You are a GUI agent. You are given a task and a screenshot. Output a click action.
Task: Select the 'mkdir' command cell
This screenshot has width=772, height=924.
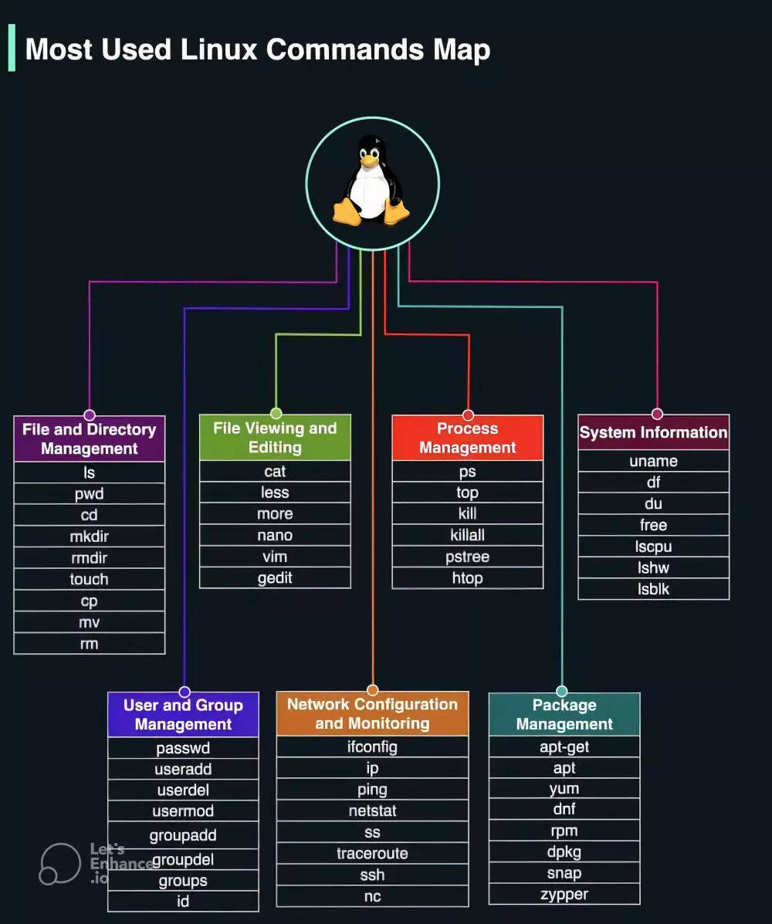click(90, 536)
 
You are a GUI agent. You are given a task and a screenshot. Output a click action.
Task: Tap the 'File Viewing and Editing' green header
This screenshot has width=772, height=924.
click(275, 438)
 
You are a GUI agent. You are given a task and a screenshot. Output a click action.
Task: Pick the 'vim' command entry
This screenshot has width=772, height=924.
click(275, 557)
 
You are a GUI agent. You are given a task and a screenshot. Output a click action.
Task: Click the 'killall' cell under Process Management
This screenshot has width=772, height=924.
click(468, 535)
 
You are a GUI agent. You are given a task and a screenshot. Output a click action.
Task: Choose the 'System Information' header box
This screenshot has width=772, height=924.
click(654, 432)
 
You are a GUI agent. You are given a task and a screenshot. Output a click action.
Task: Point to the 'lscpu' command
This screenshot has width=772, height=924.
click(654, 547)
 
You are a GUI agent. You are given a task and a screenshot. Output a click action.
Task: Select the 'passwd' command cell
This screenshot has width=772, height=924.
click(183, 748)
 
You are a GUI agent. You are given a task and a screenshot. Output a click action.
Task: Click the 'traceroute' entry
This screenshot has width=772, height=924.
click(372, 854)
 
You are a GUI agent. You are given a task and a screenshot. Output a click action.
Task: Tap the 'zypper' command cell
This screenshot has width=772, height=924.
click(564, 895)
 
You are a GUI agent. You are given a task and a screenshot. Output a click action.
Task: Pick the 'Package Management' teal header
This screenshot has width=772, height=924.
click(564, 715)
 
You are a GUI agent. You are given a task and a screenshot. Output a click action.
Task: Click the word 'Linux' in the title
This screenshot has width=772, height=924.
click(219, 49)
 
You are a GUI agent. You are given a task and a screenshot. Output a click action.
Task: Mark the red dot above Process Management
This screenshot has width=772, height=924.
click(468, 415)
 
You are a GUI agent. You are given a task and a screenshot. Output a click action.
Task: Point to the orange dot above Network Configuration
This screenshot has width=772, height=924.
click(373, 690)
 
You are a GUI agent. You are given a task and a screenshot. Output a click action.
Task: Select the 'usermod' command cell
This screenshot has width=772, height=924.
click(183, 811)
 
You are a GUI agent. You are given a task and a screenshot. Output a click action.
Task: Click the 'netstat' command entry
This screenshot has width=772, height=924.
click(372, 811)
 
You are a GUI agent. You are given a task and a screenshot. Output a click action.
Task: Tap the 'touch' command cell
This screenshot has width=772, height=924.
click(90, 579)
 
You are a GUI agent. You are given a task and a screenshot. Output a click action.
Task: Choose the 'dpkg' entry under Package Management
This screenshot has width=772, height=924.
click(564, 852)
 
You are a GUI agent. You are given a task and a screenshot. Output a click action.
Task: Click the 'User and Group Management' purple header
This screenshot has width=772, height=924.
click(183, 715)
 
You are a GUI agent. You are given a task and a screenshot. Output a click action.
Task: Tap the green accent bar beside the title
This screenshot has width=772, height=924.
click(12, 48)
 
